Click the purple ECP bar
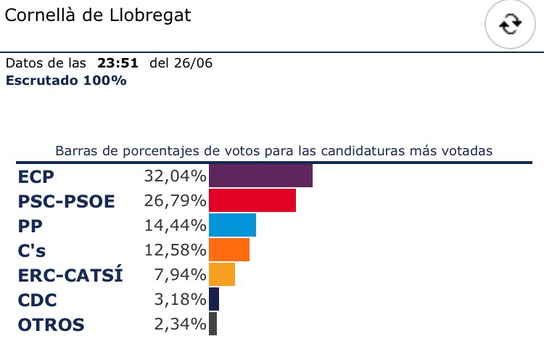pyautogui.click(x=260, y=176)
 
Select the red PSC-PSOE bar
pyautogui.click(x=252, y=200)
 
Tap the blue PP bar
pyautogui.click(x=232, y=225)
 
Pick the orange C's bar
pyautogui.click(x=229, y=250)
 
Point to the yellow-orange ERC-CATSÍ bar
pyautogui.click(x=222, y=274)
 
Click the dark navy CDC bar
pyautogui.click(x=214, y=299)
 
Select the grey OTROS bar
pyautogui.click(x=213, y=324)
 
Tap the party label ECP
pyautogui.click(x=36, y=176)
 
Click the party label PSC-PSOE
pyautogui.click(x=66, y=201)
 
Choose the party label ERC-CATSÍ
pyautogui.click(x=70, y=275)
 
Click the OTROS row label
pyautogui.click(x=51, y=324)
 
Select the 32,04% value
pyautogui.click(x=176, y=176)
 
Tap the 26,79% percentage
pyautogui.click(x=176, y=201)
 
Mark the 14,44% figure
pyautogui.click(x=176, y=226)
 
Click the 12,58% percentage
pyautogui.click(x=176, y=250)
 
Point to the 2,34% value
pyautogui.click(x=181, y=324)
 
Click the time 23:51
pyautogui.click(x=120, y=63)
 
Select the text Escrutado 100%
pyautogui.click(x=66, y=81)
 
